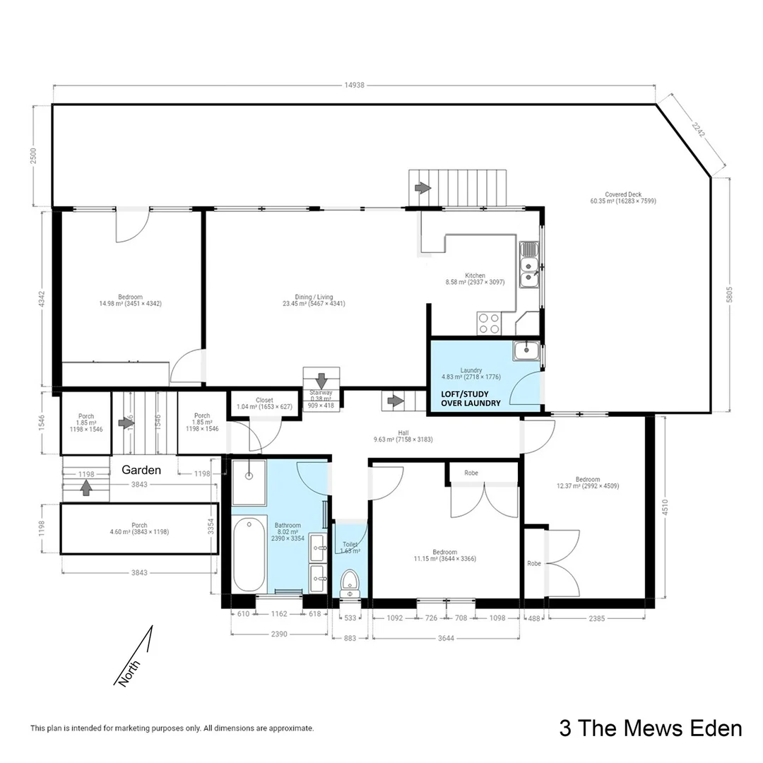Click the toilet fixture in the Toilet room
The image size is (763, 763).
350,582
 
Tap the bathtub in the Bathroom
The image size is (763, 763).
249,555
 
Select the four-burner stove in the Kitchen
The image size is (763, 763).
489,323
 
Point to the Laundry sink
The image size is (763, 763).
526,350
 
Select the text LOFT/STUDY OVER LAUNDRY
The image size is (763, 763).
471,398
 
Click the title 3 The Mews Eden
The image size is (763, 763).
650,728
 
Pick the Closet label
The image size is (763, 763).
264,403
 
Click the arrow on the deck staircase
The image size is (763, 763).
422,188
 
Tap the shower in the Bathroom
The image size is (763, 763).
249,483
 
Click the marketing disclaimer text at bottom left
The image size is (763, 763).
172,728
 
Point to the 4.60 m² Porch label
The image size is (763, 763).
139,528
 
